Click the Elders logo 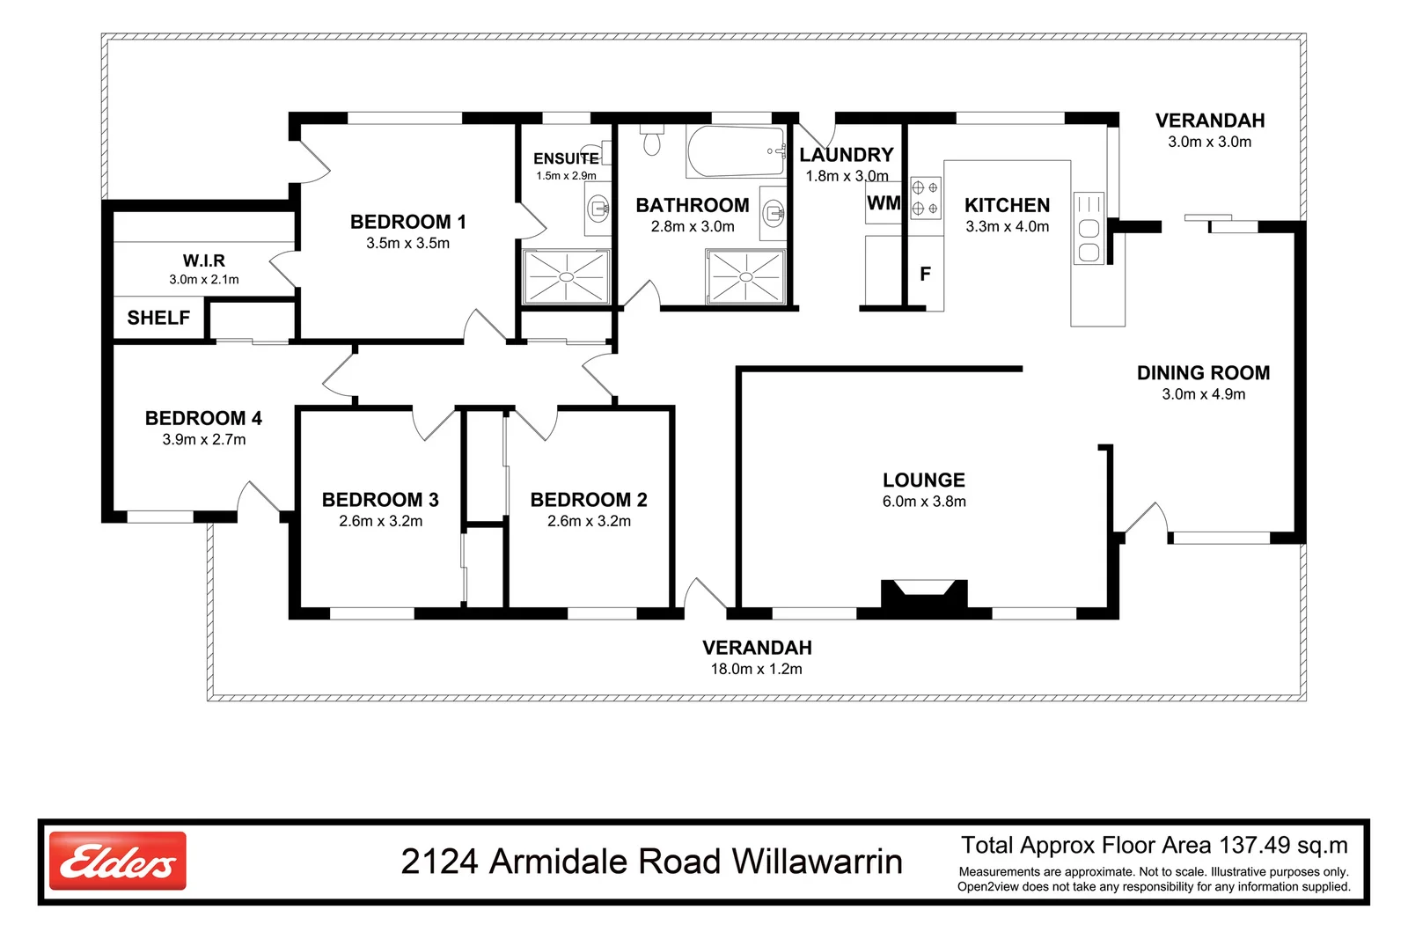point(118,861)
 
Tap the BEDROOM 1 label point(408,222)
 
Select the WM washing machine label point(884,203)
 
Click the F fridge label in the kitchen point(925,274)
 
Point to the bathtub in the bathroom point(736,151)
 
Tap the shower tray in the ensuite point(567,276)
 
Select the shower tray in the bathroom point(746,276)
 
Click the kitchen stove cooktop point(925,198)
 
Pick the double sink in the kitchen point(1089,228)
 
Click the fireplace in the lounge point(924,595)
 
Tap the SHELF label point(158,318)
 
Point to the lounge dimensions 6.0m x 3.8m point(924,502)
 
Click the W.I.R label point(203,260)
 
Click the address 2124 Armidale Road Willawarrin point(652,861)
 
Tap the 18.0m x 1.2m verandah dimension point(757,669)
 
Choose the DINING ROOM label point(1204,373)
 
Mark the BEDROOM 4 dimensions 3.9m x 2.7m point(204,439)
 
